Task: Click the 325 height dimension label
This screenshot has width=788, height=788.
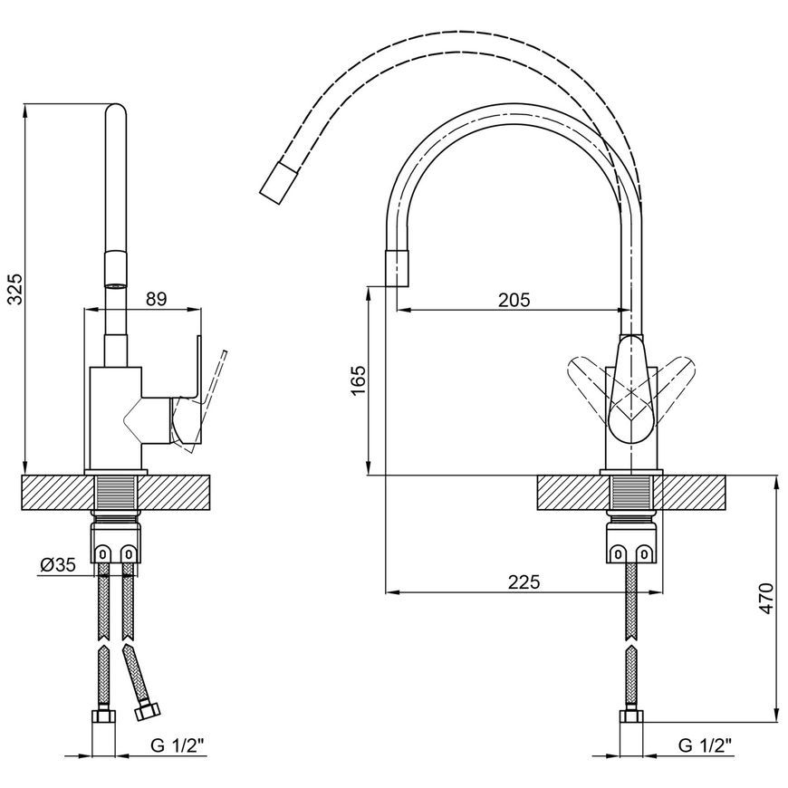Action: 16,289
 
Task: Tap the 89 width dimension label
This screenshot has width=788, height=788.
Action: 156,299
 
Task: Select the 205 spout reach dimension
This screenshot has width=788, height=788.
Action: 514,300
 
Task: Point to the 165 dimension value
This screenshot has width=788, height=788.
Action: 359,380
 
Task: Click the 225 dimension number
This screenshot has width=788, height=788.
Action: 524,582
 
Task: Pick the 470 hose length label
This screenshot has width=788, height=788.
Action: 767,598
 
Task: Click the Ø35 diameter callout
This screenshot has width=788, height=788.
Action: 58,565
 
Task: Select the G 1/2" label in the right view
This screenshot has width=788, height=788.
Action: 705,745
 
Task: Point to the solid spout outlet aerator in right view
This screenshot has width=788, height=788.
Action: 397,267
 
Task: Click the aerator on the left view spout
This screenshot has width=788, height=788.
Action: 116,271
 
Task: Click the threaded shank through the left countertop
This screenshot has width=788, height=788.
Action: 116,493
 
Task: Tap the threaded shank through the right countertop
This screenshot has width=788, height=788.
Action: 631,493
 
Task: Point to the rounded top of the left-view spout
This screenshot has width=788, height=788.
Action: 116,111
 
